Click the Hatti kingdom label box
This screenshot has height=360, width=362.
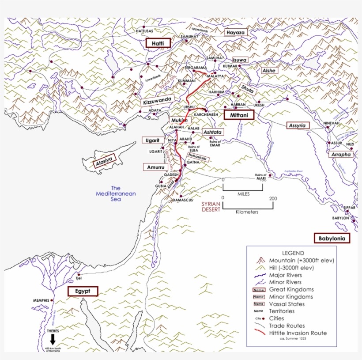click(x=158, y=43)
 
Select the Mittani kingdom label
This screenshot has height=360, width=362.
click(x=239, y=115)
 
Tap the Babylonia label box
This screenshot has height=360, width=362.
click(x=332, y=239)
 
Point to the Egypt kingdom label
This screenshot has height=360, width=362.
click(x=82, y=292)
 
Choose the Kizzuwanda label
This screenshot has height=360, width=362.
click(x=156, y=101)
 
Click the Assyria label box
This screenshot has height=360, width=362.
click(x=298, y=125)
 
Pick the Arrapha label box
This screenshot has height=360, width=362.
click(x=341, y=155)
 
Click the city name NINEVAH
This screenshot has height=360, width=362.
click(x=331, y=123)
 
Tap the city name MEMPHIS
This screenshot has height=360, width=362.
click(x=40, y=300)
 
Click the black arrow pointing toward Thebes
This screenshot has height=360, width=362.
click(x=53, y=339)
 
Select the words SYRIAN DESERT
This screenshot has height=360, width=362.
click(x=211, y=207)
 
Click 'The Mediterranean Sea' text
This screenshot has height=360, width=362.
click(x=116, y=193)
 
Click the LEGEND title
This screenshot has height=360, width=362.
click(x=290, y=253)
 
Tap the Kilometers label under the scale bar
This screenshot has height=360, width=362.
click(x=247, y=212)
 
